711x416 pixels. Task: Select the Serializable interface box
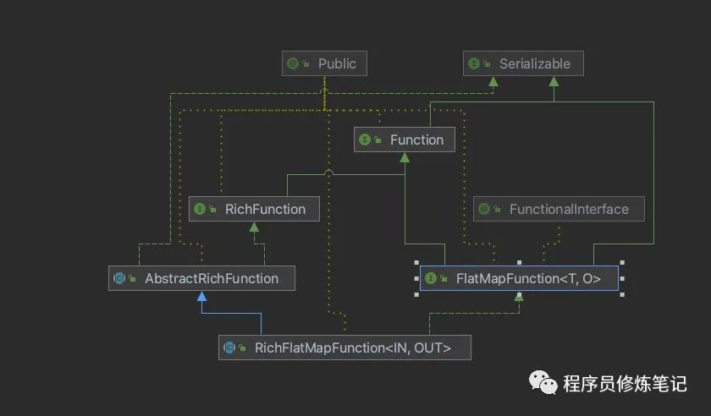(x=523, y=63)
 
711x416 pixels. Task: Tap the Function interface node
(x=405, y=140)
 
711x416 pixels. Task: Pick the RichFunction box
(x=253, y=209)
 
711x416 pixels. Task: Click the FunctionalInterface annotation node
(x=558, y=209)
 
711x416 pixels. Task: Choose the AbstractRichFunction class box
(x=201, y=278)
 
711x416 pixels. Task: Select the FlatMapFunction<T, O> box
(x=519, y=278)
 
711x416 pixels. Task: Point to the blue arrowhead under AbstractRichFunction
(x=201, y=297)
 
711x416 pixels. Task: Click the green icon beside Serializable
(x=474, y=63)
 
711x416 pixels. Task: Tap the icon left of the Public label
(x=293, y=63)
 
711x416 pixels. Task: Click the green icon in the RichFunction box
(x=201, y=209)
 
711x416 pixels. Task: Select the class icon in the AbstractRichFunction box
(x=119, y=278)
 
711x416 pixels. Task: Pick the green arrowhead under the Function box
(x=405, y=158)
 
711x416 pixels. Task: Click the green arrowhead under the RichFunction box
(x=253, y=227)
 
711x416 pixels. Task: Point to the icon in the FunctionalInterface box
(x=484, y=209)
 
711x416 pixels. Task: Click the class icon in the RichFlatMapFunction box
(x=229, y=348)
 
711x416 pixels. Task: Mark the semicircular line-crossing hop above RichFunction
(x=328, y=173)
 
